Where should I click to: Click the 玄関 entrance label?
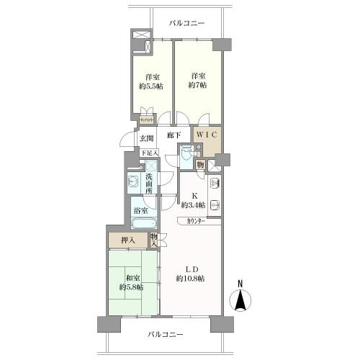click(x=147, y=139)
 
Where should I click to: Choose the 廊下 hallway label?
click(x=173, y=135)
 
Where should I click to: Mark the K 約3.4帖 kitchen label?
click(x=192, y=199)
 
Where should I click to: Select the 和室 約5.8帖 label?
click(x=132, y=282)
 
